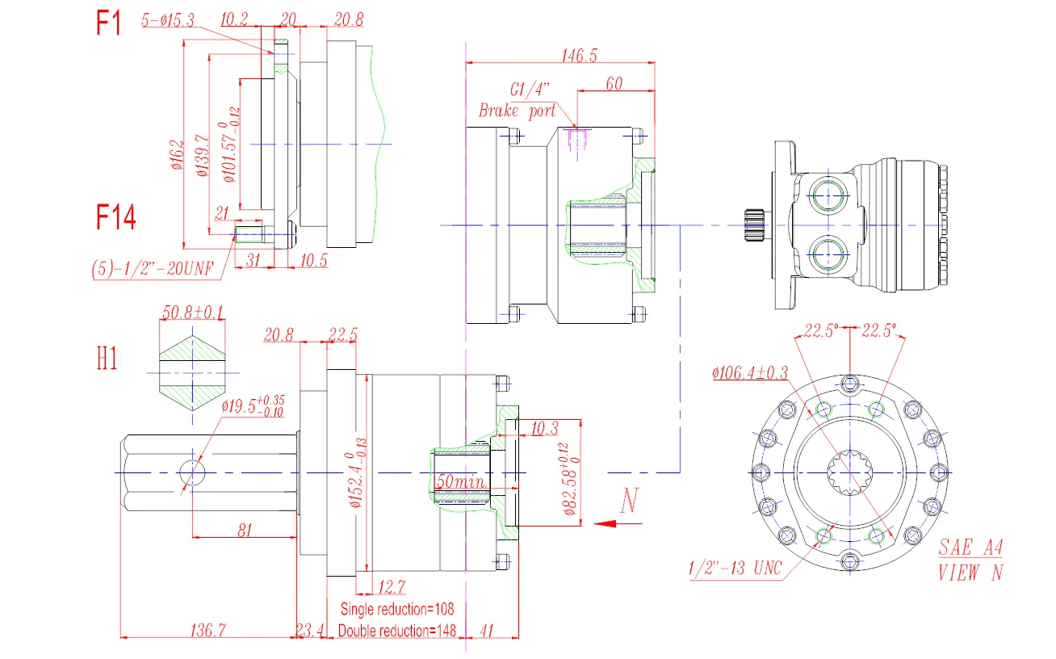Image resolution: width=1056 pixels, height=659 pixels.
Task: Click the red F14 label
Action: tap(116, 217)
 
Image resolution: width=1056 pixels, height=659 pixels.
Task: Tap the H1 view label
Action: tap(107, 359)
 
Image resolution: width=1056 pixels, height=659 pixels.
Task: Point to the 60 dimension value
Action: tap(614, 83)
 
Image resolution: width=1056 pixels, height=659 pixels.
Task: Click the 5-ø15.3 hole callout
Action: tap(167, 22)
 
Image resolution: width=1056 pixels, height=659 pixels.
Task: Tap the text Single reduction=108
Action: tap(397, 608)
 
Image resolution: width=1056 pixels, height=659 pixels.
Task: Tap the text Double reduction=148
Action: tap(397, 630)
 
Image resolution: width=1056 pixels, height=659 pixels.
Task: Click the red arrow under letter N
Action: tap(618, 523)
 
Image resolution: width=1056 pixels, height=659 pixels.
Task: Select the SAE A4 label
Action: tap(970, 548)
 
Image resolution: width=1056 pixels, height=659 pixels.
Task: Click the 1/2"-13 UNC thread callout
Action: tap(735, 569)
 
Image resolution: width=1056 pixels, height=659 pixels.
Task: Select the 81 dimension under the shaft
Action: tap(245, 530)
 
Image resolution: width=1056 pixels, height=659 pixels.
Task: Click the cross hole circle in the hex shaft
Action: tap(192, 472)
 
